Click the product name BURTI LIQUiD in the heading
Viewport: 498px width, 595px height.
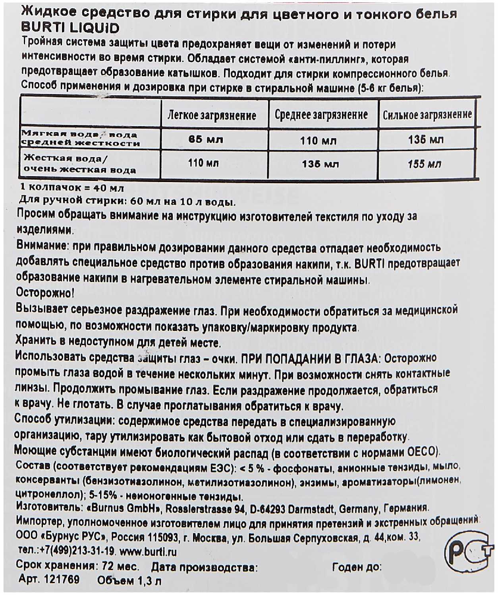(x=69, y=28)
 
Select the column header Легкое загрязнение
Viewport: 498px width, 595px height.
(x=212, y=115)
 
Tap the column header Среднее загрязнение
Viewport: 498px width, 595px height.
(x=321, y=115)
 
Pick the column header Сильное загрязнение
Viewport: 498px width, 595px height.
(x=427, y=115)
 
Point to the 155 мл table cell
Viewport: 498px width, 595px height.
(x=424, y=164)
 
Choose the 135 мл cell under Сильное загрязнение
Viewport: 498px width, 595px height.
(x=426, y=140)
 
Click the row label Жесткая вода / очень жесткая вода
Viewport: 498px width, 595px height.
(x=79, y=164)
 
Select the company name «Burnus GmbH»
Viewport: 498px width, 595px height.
(x=123, y=508)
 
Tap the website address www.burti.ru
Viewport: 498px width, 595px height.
(x=148, y=552)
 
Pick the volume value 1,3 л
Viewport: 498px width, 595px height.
(x=150, y=581)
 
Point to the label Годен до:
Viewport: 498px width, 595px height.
(x=357, y=567)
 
